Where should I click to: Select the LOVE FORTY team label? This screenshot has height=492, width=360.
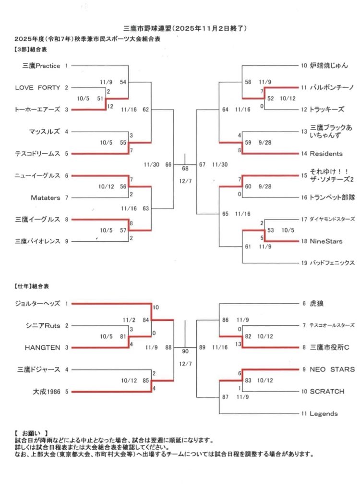pyautogui.click(x=38, y=87)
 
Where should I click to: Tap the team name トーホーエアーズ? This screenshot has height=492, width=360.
pyautogui.click(x=38, y=110)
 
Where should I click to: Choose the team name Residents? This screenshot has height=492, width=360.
pyautogui.click(x=326, y=154)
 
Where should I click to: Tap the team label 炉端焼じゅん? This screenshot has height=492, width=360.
pyautogui.click(x=329, y=65)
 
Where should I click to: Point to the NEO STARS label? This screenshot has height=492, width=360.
pyautogui.click(x=332, y=369)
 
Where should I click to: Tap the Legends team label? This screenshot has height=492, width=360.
pyautogui.click(x=324, y=414)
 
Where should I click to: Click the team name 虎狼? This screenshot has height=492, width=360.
pyautogui.click(x=316, y=304)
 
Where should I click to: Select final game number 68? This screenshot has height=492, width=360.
pyautogui.click(x=185, y=169)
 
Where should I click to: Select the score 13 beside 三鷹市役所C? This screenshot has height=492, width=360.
pyautogui.click(x=239, y=344)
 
